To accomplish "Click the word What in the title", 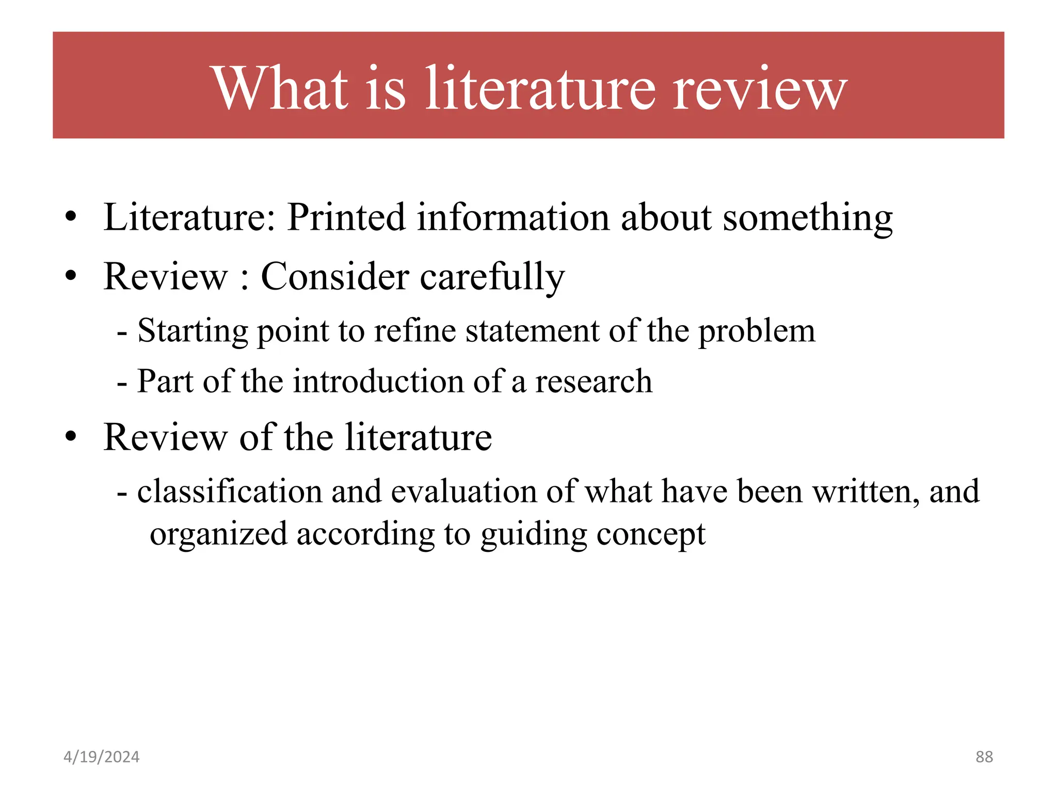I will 281,88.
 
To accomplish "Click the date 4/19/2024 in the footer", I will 101,757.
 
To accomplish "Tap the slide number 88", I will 984,757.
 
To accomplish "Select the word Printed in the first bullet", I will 346,217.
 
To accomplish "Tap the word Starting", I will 193,331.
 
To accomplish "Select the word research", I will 594,382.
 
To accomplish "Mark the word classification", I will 230,491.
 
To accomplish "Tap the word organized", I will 218,534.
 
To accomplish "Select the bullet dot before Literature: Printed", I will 71,217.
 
